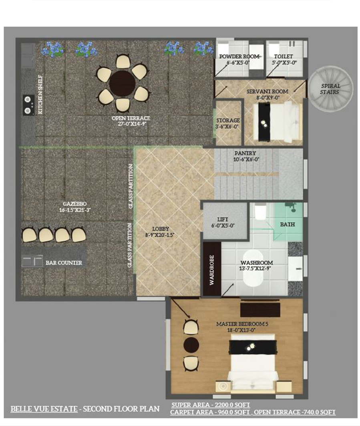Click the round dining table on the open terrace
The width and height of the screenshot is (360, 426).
pyautogui.click(x=122, y=83)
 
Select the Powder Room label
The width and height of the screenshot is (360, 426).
pyautogui.click(x=239, y=56)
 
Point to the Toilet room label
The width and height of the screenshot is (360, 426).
pyautogui.click(x=284, y=56)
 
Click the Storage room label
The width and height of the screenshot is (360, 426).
pyautogui.click(x=228, y=121)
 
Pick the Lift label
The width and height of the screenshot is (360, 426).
pyautogui.click(x=223, y=219)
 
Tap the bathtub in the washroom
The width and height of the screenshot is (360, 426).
pyautogui.click(x=253, y=268)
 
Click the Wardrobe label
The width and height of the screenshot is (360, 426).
pyautogui.click(x=212, y=270)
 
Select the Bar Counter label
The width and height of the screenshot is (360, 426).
pyautogui.click(x=64, y=263)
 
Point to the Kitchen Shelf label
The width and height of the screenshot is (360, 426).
pyautogui.click(x=40, y=94)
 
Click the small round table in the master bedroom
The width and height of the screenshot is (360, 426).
pyautogui.click(x=191, y=345)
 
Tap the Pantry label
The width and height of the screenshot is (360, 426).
pyautogui.click(x=245, y=153)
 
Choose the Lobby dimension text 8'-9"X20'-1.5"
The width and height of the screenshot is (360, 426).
pyautogui.click(x=160, y=235)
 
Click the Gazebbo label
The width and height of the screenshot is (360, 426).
pyautogui.click(x=75, y=204)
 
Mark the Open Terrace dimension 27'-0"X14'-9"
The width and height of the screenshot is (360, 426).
pyautogui.click(x=131, y=124)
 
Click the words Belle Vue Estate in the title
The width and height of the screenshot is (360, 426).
pyautogui.click(x=44, y=409)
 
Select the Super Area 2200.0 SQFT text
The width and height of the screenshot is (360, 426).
pyautogui.click(x=211, y=405)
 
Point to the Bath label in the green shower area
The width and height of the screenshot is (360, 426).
pyautogui.click(x=288, y=225)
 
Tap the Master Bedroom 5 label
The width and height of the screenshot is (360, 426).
pyautogui.click(x=242, y=324)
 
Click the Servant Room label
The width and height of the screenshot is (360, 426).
pyautogui.click(x=267, y=92)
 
